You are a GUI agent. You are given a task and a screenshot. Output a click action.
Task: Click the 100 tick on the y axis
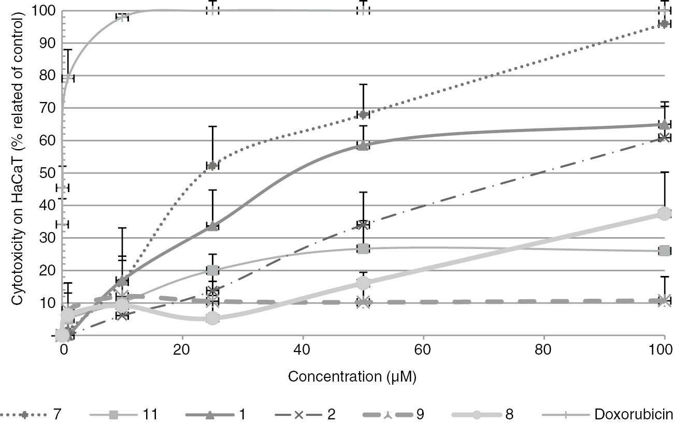43,10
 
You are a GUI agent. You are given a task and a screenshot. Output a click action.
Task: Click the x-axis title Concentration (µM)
352,376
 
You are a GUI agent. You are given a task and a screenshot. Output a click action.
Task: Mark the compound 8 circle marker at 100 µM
664,213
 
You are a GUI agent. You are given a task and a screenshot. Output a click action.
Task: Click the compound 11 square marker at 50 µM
363,249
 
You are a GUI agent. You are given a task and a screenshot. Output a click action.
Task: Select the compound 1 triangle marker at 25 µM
212,226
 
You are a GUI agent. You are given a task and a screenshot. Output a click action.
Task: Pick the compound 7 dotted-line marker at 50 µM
363,114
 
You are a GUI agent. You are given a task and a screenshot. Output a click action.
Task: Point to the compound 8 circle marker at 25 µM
212,318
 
